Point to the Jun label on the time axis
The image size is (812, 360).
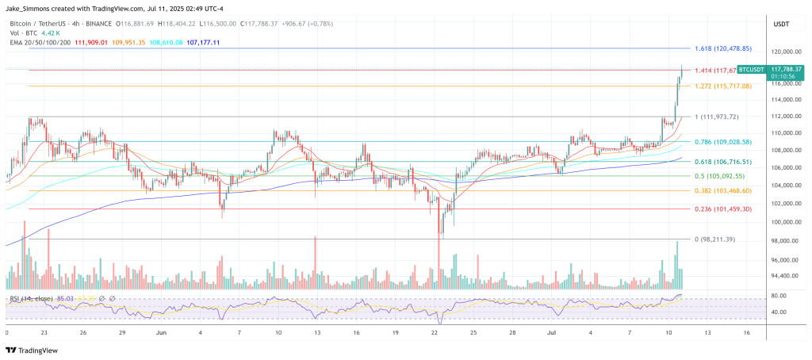[162, 333]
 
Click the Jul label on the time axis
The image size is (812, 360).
[553, 333]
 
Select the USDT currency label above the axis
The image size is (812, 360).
[780, 25]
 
